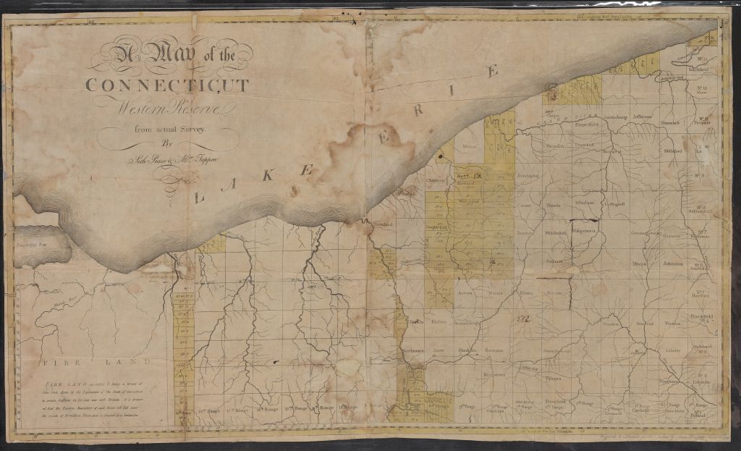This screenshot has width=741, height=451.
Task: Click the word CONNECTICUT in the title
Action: (167, 85)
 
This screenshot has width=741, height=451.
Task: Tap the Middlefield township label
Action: (555, 232)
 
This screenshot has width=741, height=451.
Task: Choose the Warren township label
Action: (610, 324)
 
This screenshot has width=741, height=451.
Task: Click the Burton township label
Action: (525, 233)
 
